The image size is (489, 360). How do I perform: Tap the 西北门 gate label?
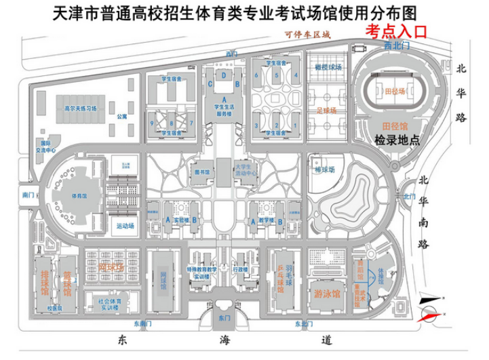tap(397, 46)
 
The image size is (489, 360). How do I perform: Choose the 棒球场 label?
tap(318, 171)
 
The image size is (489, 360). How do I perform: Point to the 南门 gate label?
tap(28, 195)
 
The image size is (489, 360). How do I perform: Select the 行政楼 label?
tap(241, 269)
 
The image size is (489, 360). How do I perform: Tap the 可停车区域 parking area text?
tap(307, 33)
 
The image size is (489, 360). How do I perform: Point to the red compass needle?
tap(429, 314)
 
